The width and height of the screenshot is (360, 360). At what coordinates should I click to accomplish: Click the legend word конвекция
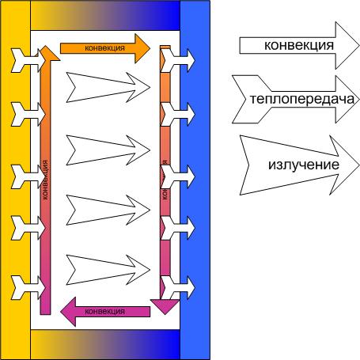[x=299, y=45]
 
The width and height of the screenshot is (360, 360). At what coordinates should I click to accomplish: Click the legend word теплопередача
[x=302, y=100]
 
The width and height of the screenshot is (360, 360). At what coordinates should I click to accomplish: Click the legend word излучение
[x=304, y=165]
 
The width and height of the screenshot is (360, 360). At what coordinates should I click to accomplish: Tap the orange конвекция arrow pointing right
[x=105, y=48]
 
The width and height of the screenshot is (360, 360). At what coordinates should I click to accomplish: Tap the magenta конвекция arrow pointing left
[x=105, y=312]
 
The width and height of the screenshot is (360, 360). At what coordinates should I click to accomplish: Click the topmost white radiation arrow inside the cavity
[x=108, y=87]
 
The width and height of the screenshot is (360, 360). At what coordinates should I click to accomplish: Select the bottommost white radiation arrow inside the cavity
[x=108, y=270]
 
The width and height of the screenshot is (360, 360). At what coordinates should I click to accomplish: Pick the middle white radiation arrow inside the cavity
[x=108, y=150]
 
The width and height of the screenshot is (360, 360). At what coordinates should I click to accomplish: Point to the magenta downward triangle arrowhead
[x=165, y=306]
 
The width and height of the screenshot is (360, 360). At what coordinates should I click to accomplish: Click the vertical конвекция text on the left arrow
[x=45, y=180]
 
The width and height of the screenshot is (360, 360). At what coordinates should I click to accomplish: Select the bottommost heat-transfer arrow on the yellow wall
[x=28, y=288]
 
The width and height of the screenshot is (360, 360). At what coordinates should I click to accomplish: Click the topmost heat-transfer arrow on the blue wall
[x=178, y=61]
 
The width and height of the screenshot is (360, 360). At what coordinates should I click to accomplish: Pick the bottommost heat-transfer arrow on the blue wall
[x=178, y=288]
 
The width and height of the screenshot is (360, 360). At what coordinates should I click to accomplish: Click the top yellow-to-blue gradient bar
[x=105, y=15]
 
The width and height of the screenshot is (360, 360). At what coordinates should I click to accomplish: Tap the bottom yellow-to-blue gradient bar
[x=105, y=344]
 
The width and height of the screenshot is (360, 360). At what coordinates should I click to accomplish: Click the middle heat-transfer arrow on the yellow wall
[x=28, y=176]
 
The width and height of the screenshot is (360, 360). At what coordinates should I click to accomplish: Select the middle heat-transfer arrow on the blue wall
[x=178, y=176]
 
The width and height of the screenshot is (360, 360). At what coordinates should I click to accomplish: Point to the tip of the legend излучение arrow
[x=359, y=165]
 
